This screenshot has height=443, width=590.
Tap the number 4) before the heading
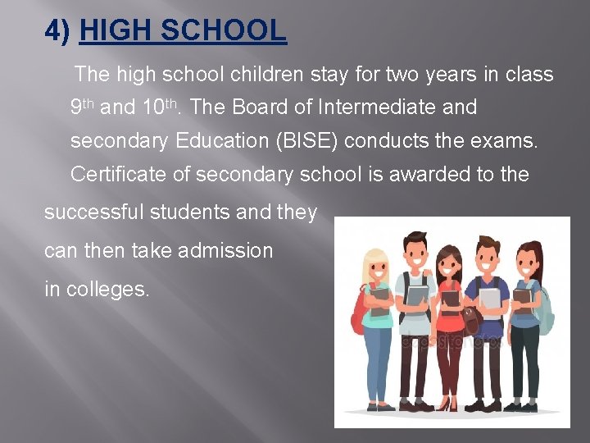pos(58,31)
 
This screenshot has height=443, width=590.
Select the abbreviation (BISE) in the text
pos(306,140)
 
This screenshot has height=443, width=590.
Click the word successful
pos(93,212)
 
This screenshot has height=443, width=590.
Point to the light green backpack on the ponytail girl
pos(545,308)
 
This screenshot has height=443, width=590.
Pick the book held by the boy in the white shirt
pos(417,295)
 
